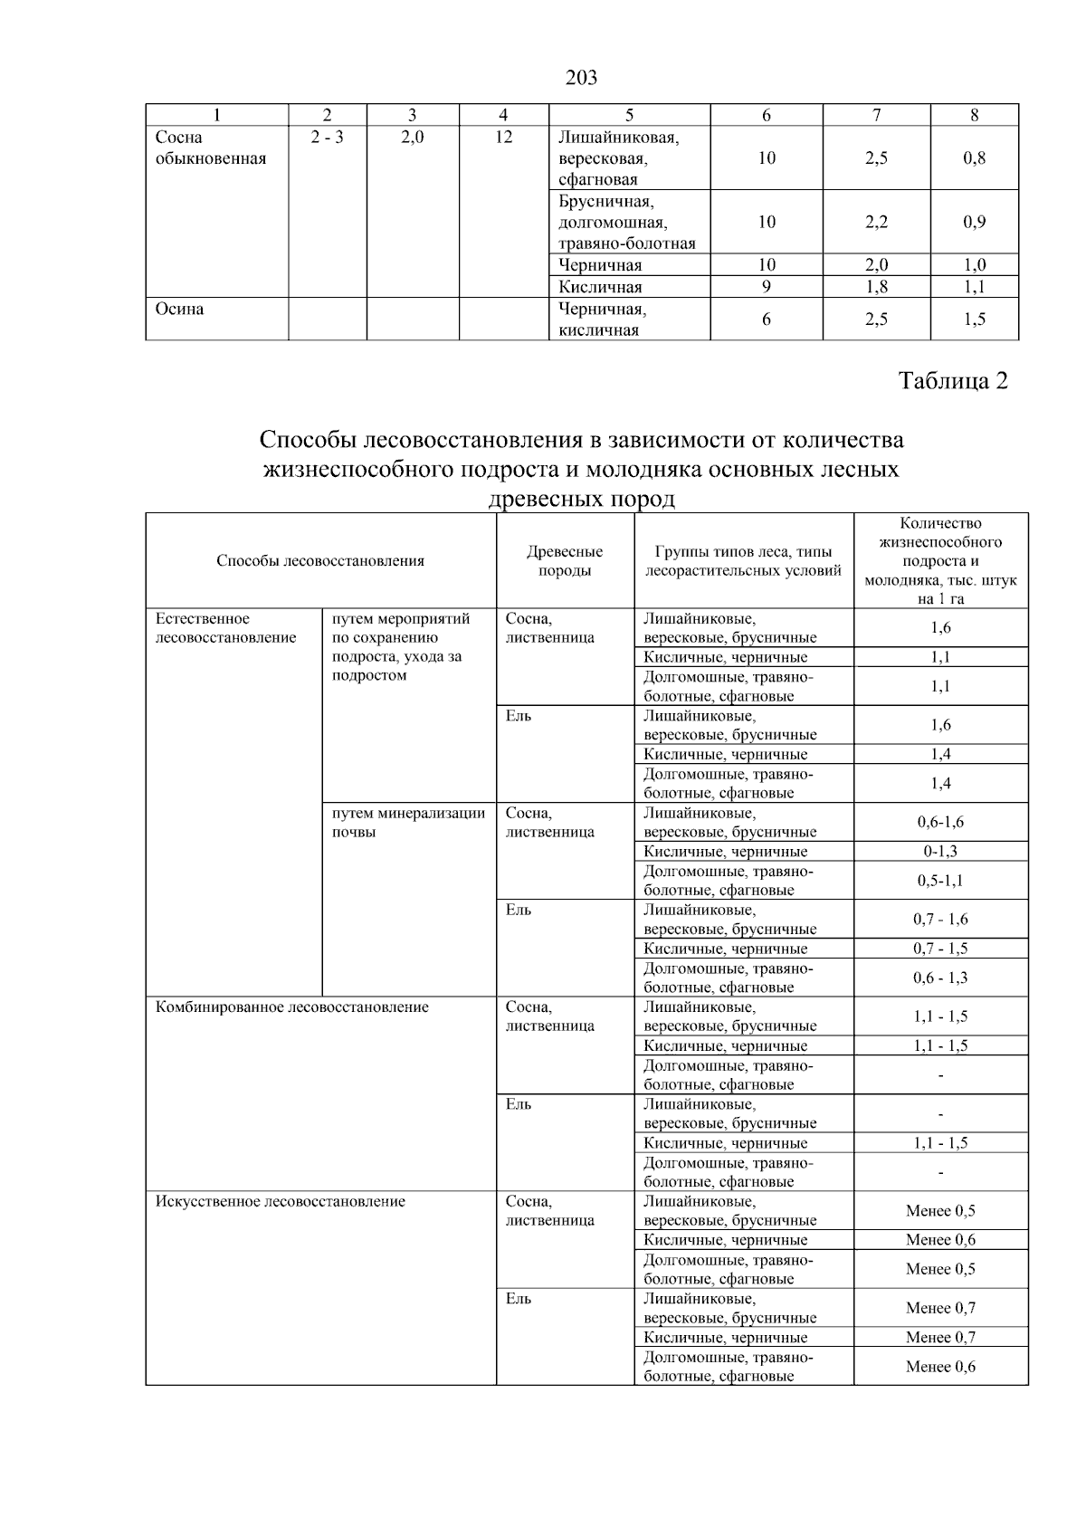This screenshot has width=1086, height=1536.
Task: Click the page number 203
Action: point(581,78)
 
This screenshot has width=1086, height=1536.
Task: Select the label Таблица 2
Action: point(953,381)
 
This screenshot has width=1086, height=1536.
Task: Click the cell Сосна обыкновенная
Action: point(211,148)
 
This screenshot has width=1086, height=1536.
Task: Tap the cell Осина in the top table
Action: point(180,309)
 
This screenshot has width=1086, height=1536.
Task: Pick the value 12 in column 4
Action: point(503,137)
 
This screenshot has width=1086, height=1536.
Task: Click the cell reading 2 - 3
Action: point(327,137)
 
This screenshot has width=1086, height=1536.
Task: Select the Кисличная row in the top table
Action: point(600,287)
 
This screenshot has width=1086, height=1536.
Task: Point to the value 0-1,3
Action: point(940,851)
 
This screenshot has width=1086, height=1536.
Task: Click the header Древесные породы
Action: point(565,560)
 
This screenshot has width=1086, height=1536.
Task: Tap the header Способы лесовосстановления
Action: point(320,560)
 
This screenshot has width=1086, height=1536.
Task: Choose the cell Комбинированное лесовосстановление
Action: point(292,1007)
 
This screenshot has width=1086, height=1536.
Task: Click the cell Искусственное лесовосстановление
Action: point(281,1201)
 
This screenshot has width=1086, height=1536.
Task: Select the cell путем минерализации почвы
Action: point(408,822)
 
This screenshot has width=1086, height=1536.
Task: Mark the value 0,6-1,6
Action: point(940,822)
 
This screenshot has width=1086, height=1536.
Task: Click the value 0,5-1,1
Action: point(940,880)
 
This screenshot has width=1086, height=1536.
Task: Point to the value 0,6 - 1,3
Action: point(940,978)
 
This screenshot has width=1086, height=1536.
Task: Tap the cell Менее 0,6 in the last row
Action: point(940,1366)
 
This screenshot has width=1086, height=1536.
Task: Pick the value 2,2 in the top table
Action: point(875,222)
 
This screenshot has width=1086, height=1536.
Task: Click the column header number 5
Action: point(629,115)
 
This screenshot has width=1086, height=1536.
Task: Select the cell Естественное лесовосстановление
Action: point(226,628)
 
